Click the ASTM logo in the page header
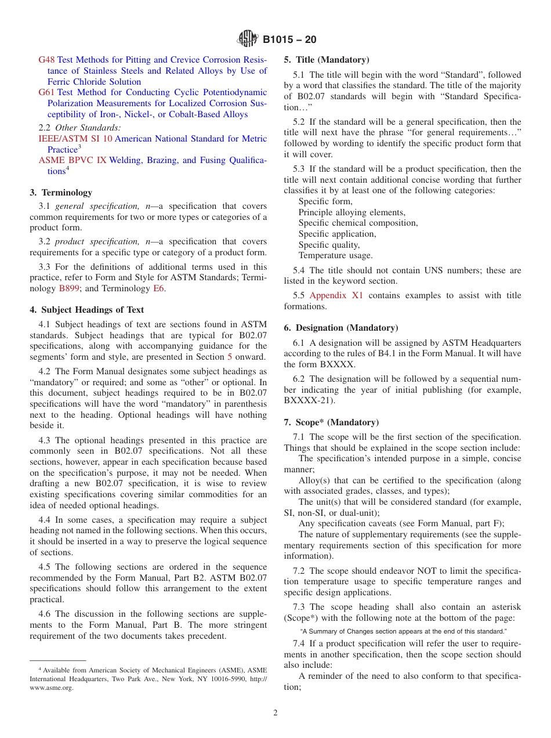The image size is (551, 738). (248, 39)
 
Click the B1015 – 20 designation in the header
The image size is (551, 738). (289, 40)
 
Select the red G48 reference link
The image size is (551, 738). (46, 60)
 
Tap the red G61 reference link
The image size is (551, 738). (46, 92)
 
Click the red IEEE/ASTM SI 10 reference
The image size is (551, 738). (75, 139)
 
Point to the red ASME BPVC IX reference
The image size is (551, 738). (72, 160)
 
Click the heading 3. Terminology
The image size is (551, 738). (61, 193)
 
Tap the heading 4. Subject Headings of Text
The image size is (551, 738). (86, 310)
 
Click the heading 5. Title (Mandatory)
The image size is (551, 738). (326, 60)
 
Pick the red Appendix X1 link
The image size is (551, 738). (336, 295)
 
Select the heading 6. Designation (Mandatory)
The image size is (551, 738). (340, 328)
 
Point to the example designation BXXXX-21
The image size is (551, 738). (309, 401)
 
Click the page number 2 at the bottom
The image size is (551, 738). (275, 713)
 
